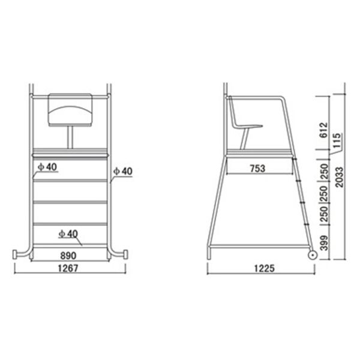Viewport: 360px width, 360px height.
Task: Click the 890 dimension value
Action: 70,254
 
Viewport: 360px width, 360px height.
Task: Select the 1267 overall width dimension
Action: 70,269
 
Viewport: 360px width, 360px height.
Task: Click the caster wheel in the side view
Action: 312,256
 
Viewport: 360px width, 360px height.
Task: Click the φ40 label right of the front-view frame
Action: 123,172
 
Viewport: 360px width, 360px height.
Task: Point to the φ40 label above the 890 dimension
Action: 69,232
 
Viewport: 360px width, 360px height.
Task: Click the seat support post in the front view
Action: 70,137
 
